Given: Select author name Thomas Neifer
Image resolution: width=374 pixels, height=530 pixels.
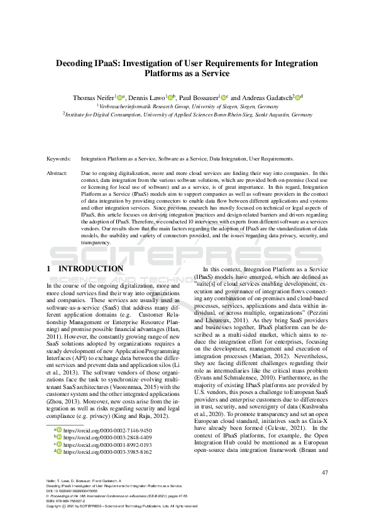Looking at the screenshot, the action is [92, 98].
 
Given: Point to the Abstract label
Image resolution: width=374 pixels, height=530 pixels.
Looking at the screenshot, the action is [58, 172].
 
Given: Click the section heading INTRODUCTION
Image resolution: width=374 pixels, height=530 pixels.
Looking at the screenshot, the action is [91, 269].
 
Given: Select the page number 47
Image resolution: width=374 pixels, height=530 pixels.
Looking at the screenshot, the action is [324, 472].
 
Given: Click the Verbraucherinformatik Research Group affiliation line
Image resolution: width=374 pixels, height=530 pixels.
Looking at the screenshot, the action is [187, 106].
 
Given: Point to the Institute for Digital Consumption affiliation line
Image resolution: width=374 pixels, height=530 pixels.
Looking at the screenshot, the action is [187, 115].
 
